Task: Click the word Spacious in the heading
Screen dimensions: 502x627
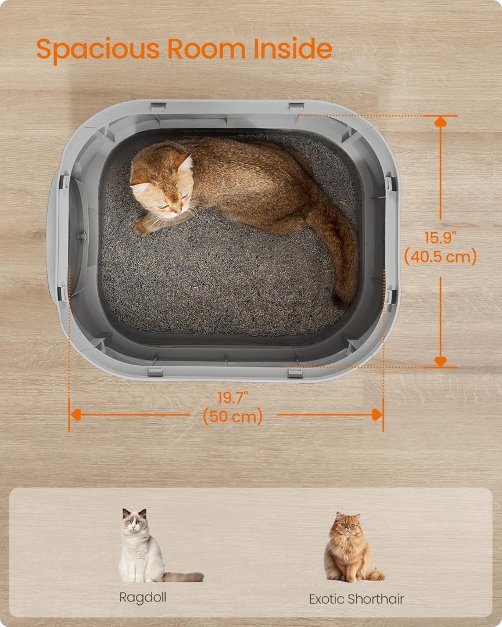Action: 98,50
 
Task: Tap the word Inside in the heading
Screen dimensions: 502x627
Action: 293,49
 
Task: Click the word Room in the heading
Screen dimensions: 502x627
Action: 206,49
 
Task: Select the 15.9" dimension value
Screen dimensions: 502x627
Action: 440,238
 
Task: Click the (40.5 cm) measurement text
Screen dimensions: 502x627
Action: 440,257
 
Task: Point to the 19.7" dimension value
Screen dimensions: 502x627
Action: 232,398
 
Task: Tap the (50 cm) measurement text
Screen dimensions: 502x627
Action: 232,416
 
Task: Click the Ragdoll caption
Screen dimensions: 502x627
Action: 142,597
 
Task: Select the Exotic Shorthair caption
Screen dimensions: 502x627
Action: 356,599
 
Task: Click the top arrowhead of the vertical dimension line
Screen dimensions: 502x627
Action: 440,121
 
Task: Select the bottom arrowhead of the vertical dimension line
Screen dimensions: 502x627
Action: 440,362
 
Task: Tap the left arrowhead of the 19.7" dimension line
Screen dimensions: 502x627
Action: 76,415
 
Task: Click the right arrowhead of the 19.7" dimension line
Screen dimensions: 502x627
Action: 376,415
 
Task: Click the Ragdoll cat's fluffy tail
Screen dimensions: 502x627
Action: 184,576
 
